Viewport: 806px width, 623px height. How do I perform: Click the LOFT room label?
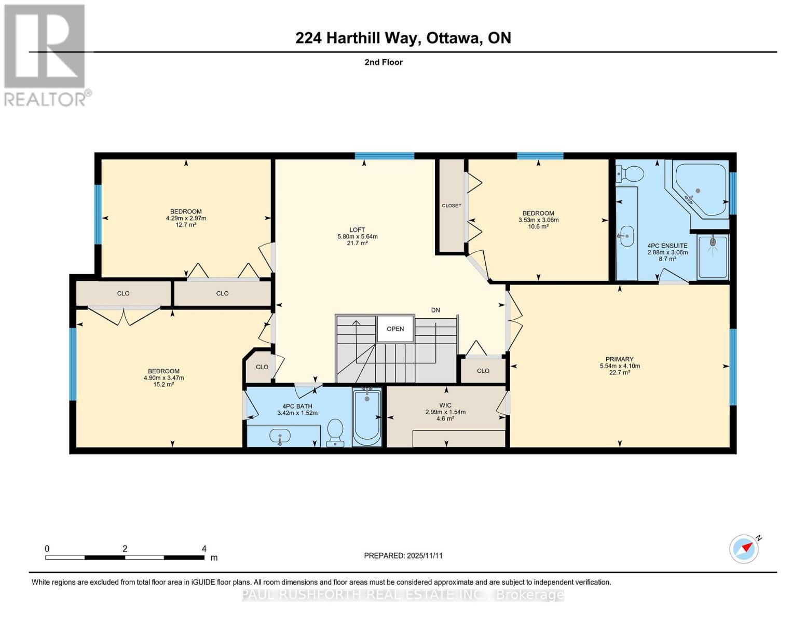357,230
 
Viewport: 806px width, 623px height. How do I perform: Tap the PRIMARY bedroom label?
619,359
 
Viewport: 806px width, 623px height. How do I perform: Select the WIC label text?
445,405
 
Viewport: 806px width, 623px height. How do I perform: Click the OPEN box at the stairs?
395,329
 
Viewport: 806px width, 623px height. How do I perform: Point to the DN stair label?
435,310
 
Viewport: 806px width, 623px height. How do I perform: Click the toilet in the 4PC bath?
336,432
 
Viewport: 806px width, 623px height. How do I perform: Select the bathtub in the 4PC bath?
367,416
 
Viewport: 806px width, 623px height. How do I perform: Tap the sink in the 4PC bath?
280,437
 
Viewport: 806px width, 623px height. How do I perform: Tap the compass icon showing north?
744,548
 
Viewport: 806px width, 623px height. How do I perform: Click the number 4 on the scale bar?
204,549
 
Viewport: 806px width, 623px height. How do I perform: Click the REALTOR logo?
46,55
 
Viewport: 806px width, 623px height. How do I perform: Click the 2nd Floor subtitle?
384,62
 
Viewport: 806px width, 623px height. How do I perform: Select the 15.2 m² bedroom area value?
163,385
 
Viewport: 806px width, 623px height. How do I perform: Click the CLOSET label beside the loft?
452,206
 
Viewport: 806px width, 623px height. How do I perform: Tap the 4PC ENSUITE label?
667,246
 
